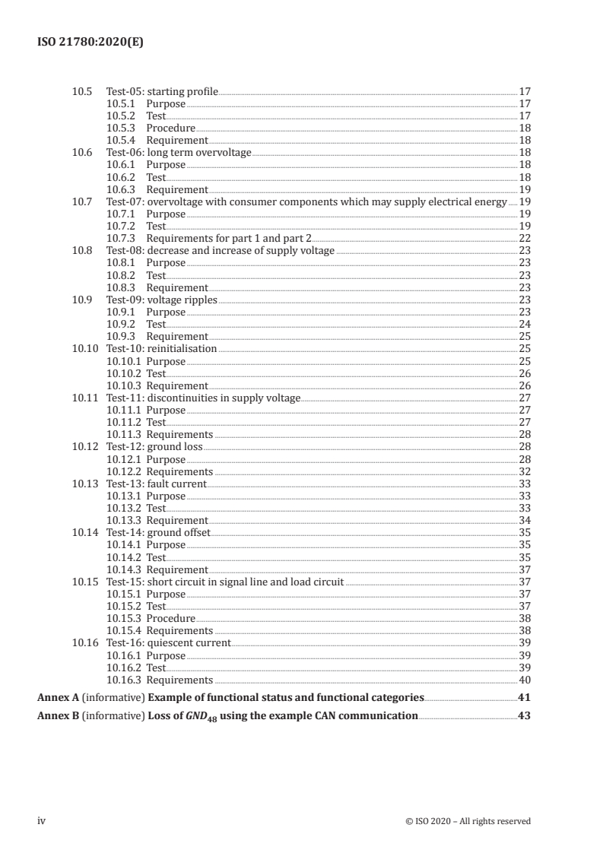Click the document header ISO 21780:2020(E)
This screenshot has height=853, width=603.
[x=90, y=43]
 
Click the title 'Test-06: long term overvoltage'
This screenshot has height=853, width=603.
[x=179, y=153]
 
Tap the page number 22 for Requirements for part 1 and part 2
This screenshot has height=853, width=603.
[x=524, y=239]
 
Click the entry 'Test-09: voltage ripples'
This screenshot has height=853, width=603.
[x=161, y=300]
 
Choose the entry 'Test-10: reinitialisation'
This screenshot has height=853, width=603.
[x=161, y=349]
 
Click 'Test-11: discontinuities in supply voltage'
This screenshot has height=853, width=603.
[x=203, y=398]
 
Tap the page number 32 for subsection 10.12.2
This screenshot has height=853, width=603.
[x=524, y=472]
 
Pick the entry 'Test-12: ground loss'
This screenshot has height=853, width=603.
[x=154, y=447]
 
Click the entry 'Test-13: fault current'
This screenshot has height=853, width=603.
[x=156, y=484]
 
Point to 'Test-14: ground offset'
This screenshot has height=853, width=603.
[x=158, y=533]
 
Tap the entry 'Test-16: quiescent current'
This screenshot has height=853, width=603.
[x=168, y=643]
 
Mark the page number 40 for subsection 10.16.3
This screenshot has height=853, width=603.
[x=524, y=680]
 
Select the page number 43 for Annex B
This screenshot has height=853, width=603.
[x=523, y=716]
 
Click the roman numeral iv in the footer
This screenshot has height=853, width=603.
[x=42, y=821]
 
